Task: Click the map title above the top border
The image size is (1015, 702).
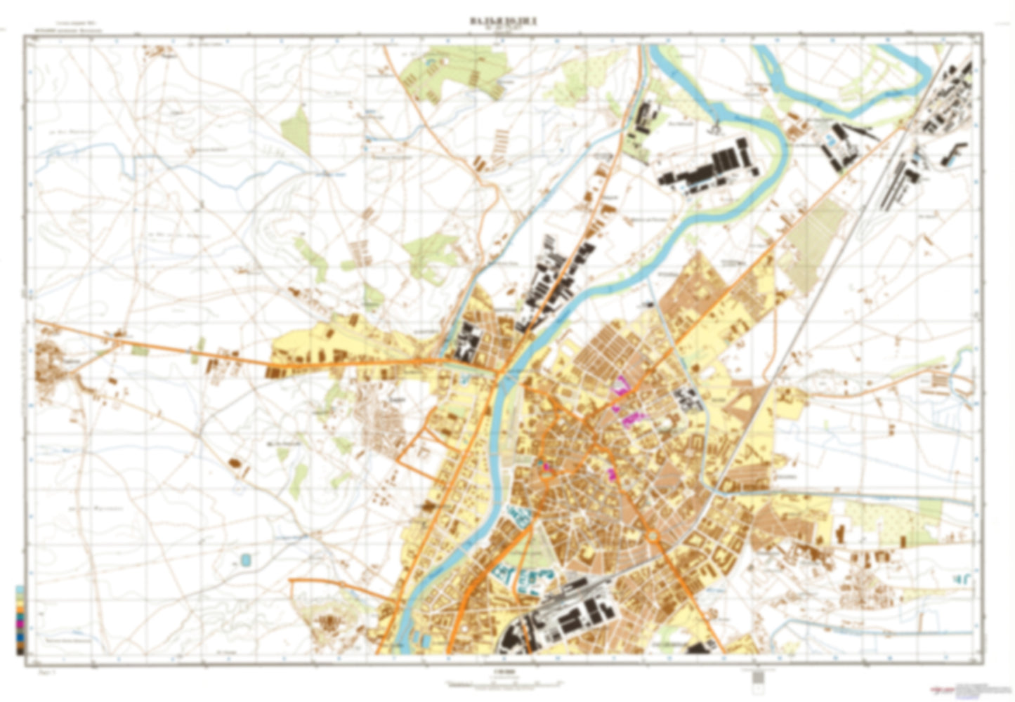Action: [x=503, y=22]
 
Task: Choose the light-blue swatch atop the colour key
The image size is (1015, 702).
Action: [x=20, y=590]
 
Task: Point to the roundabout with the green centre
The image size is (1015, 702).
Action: [x=653, y=537]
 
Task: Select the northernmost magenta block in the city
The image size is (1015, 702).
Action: [x=621, y=385]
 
